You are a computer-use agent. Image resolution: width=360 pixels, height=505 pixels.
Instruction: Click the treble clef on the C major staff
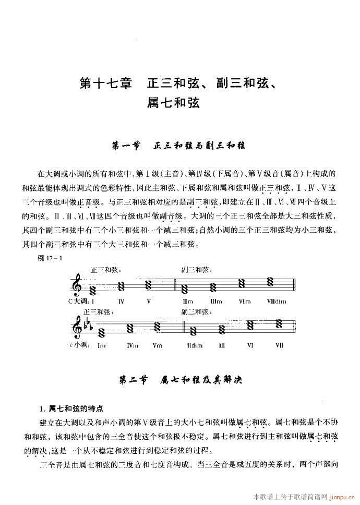78,286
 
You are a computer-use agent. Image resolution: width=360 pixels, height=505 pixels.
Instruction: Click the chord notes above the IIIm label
213,287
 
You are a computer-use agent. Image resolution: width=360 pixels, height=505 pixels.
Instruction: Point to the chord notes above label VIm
243,284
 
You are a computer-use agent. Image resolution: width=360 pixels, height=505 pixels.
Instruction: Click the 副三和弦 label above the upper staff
196,270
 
